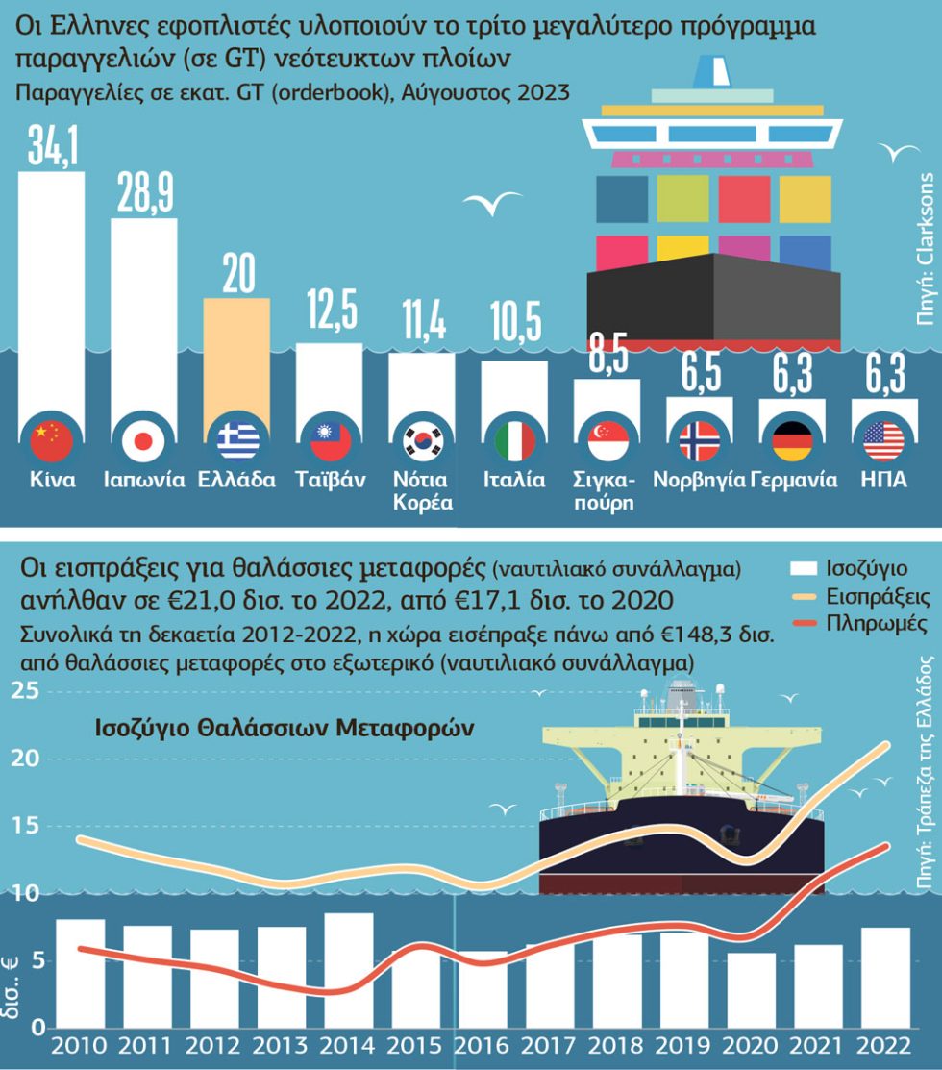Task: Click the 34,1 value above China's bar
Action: (x=53, y=144)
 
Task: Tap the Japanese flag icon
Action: (x=143, y=441)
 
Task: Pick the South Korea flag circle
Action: (x=423, y=441)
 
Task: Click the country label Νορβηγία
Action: (x=699, y=479)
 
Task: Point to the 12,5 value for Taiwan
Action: (x=332, y=310)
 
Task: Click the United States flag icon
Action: (x=884, y=441)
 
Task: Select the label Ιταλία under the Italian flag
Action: (x=514, y=479)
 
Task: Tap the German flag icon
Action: (x=792, y=441)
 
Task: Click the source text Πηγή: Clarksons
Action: (x=926, y=250)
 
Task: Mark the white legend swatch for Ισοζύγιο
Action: (x=804, y=568)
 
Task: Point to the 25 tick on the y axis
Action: (x=25, y=691)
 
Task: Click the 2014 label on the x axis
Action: (x=348, y=1045)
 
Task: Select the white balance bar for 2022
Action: (x=884, y=977)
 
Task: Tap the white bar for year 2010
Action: (x=81, y=973)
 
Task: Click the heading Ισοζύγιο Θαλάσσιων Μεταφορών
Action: (x=284, y=728)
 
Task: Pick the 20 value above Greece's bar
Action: (x=238, y=274)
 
